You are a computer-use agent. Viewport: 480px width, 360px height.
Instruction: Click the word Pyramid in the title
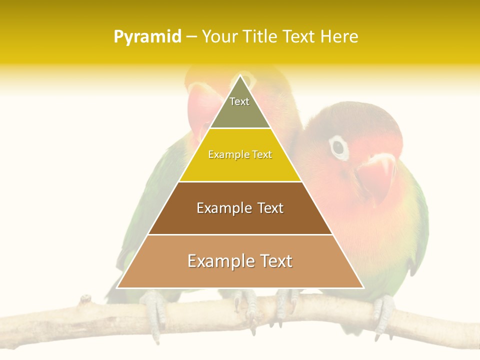click(147, 37)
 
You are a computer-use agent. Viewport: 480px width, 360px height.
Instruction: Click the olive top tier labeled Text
click(239, 107)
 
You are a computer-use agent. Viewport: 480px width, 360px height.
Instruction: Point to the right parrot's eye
click(338, 147)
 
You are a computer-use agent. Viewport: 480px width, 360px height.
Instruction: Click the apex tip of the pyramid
click(240, 76)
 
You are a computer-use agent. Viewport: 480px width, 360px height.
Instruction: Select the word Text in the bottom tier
click(274, 261)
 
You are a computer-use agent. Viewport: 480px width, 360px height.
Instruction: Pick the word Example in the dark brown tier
click(224, 208)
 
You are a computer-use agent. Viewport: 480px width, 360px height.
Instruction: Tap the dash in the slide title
click(191, 37)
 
